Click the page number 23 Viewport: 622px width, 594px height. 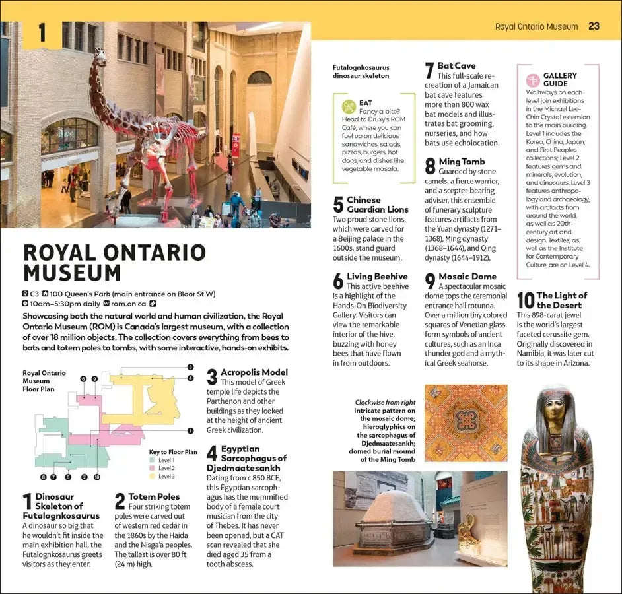coord(594,26)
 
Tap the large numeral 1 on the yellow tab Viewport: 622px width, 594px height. coord(42,34)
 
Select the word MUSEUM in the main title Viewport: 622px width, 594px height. coord(72,273)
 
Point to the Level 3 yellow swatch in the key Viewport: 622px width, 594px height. coord(153,476)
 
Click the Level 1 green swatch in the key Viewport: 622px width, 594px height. coord(153,460)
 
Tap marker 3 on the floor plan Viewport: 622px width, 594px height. coord(190,367)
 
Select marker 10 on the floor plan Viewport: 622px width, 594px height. coord(97,477)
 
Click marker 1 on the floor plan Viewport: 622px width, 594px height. coord(190,431)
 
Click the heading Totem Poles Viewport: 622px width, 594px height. coord(154,496)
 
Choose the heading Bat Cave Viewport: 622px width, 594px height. coord(456,66)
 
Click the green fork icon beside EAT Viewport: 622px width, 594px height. coord(349,107)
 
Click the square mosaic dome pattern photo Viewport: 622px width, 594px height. coord(466,423)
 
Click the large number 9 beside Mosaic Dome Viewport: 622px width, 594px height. coord(431,281)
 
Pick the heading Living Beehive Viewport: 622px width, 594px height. coord(377,277)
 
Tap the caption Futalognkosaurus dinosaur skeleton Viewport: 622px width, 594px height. coord(361,71)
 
